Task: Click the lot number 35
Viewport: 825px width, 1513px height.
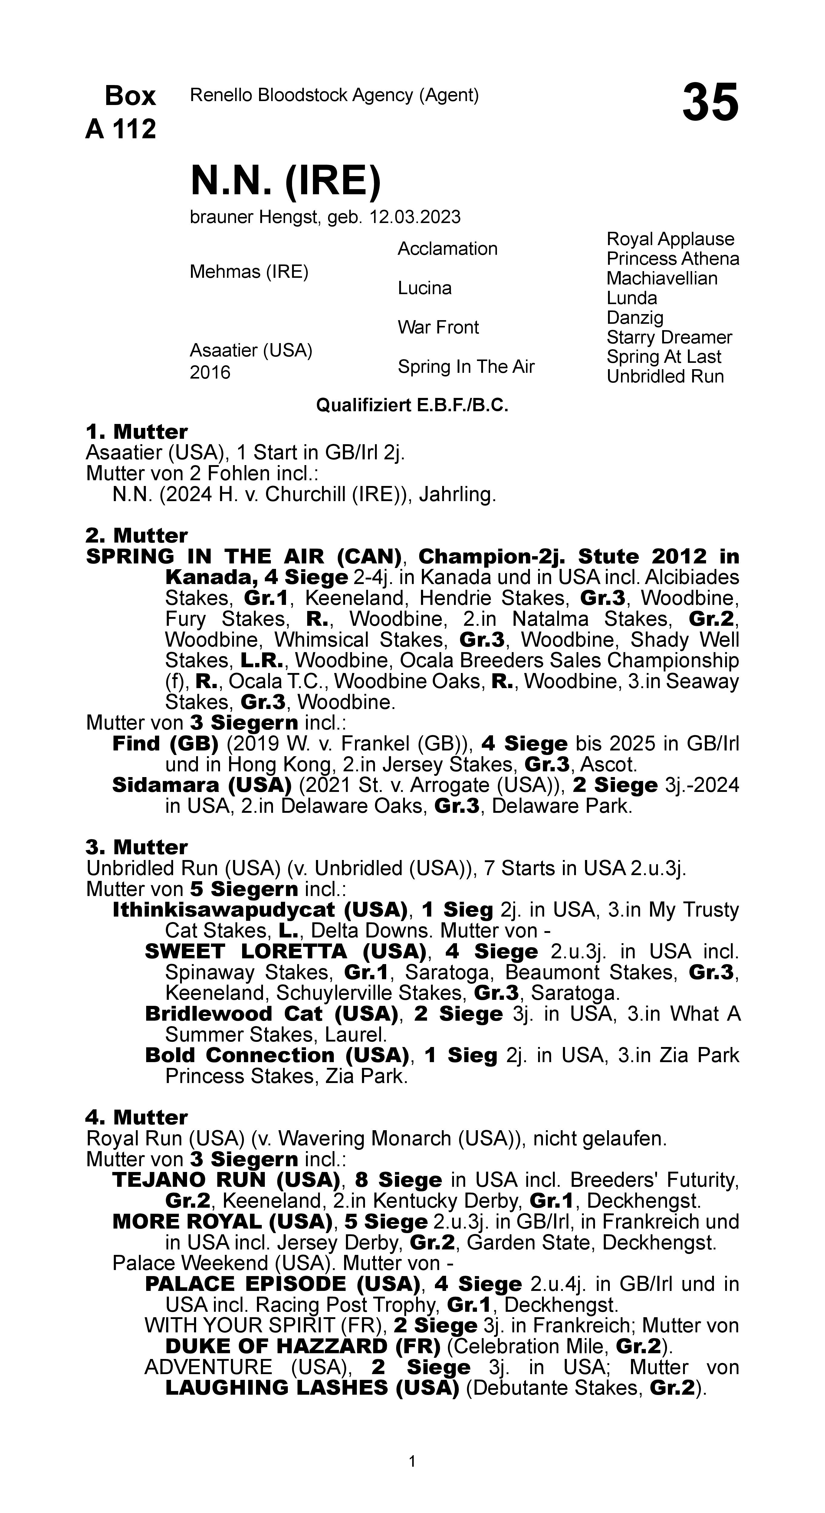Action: coord(710,103)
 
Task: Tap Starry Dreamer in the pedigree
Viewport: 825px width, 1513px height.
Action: coord(669,337)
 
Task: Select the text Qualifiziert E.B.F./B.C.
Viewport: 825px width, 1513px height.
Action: coord(412,405)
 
